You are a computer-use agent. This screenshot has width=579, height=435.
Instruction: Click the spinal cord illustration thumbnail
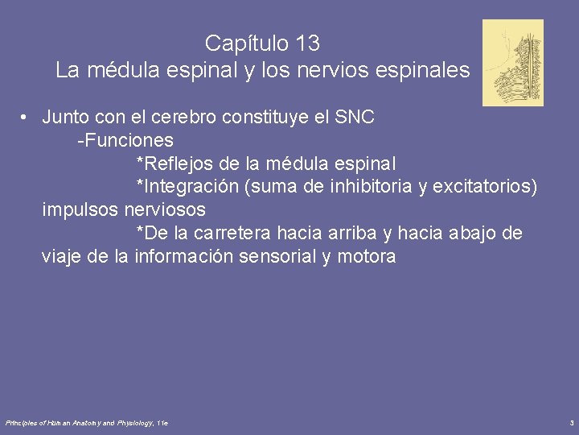[x=512, y=63]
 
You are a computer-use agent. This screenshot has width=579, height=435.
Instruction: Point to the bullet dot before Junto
[x=27, y=118]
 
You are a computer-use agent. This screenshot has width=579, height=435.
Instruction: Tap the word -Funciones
[x=125, y=141]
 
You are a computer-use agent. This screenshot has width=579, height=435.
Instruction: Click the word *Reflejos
[x=175, y=164]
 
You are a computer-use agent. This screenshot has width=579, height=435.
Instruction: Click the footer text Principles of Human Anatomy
[x=60, y=423]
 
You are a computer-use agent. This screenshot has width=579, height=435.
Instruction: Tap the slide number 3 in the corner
[x=571, y=423]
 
